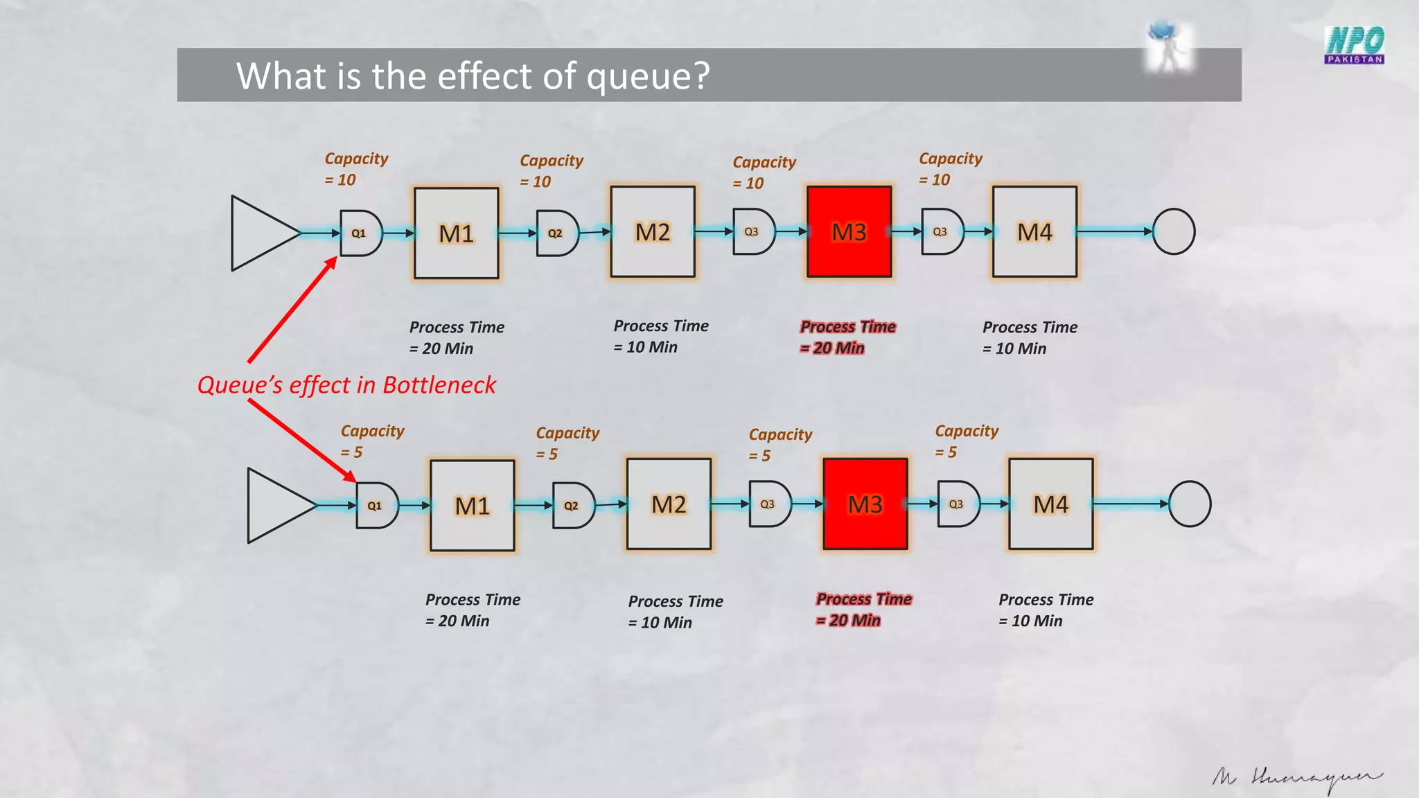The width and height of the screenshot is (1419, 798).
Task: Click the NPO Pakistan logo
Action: click(x=1354, y=44)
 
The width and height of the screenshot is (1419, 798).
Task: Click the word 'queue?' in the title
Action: click(x=648, y=76)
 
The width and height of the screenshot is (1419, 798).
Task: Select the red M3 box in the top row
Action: click(x=849, y=232)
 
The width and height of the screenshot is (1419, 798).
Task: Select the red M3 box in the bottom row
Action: click(x=865, y=504)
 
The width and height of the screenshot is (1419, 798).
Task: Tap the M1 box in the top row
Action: click(x=456, y=233)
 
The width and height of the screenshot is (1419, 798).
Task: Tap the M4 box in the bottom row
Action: click(x=1050, y=504)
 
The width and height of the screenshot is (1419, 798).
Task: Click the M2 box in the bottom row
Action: click(x=669, y=504)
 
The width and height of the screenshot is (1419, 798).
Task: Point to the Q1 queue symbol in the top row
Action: click(x=360, y=233)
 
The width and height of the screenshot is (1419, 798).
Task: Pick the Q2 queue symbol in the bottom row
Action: click(x=573, y=506)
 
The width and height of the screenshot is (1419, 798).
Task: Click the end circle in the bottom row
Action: click(x=1190, y=504)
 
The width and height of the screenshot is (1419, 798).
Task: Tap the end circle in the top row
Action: click(x=1174, y=232)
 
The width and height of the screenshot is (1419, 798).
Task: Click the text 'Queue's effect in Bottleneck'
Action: click(x=346, y=385)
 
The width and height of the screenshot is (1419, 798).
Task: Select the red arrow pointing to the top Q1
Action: click(x=292, y=309)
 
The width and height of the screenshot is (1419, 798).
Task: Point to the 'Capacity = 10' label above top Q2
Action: click(x=551, y=171)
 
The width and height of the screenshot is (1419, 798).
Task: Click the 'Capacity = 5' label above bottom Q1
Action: click(x=371, y=441)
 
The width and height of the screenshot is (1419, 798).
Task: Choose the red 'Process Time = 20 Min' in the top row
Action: click(x=847, y=337)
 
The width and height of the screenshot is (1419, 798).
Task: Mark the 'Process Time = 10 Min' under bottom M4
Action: click(x=1045, y=610)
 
